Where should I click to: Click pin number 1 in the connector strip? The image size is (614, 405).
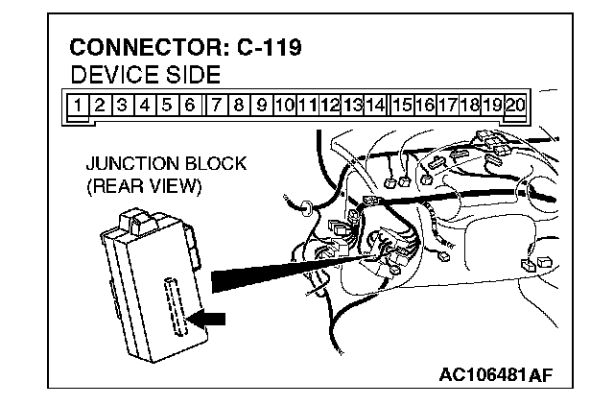click(76, 104)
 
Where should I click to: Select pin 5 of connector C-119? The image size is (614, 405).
click(166, 104)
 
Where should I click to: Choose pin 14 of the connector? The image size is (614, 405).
click(376, 104)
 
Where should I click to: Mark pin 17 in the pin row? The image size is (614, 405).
click(447, 104)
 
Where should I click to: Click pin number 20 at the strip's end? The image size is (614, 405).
click(516, 104)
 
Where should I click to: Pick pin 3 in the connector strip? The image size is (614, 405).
click(122, 104)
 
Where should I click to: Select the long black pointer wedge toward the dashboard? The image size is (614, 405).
click(288, 273)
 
